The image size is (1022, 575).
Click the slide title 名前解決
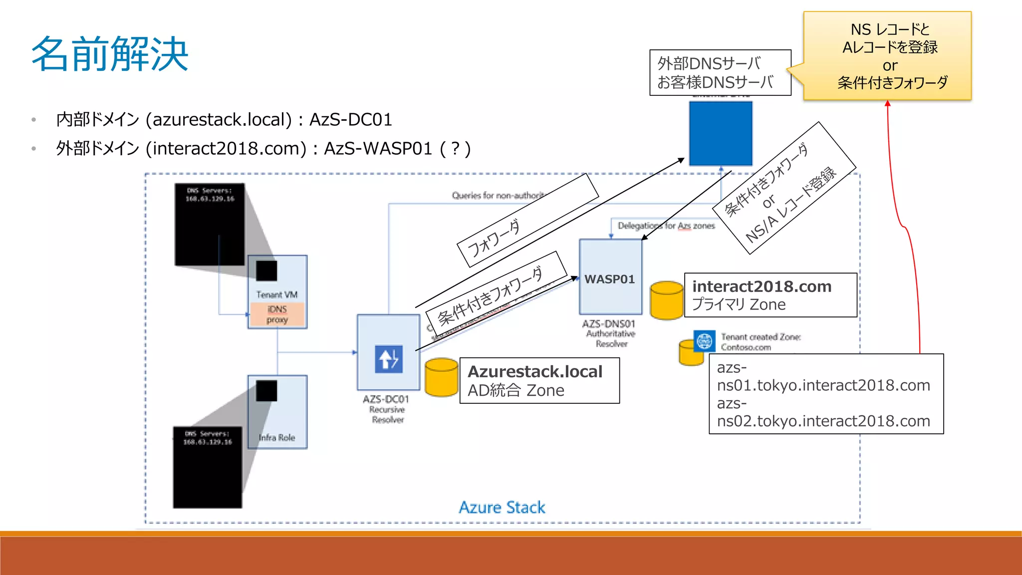click(x=110, y=54)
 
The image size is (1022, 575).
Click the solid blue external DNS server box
click(x=720, y=133)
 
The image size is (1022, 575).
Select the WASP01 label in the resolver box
click(x=609, y=279)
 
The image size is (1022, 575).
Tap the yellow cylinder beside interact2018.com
click(x=667, y=300)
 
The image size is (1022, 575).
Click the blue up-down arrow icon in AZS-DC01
click(x=389, y=359)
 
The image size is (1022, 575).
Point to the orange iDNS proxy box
click(x=277, y=314)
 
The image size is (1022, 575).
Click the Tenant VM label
click(x=277, y=294)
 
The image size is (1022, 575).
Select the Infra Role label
click(x=277, y=438)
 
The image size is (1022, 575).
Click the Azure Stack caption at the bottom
click(x=502, y=507)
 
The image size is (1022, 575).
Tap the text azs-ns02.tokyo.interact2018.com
click(x=823, y=413)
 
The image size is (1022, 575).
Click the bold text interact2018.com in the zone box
click(x=762, y=287)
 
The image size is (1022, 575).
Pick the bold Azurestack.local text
click(x=535, y=372)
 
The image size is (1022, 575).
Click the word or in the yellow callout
click(x=889, y=65)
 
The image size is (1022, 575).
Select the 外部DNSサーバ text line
click(x=709, y=63)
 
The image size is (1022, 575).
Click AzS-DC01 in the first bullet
click(x=350, y=120)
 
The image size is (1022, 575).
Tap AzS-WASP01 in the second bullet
click(x=378, y=149)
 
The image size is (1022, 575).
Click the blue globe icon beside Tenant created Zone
click(x=704, y=341)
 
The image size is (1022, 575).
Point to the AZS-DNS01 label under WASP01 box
click(x=608, y=324)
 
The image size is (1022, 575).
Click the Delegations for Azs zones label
click(x=666, y=226)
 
